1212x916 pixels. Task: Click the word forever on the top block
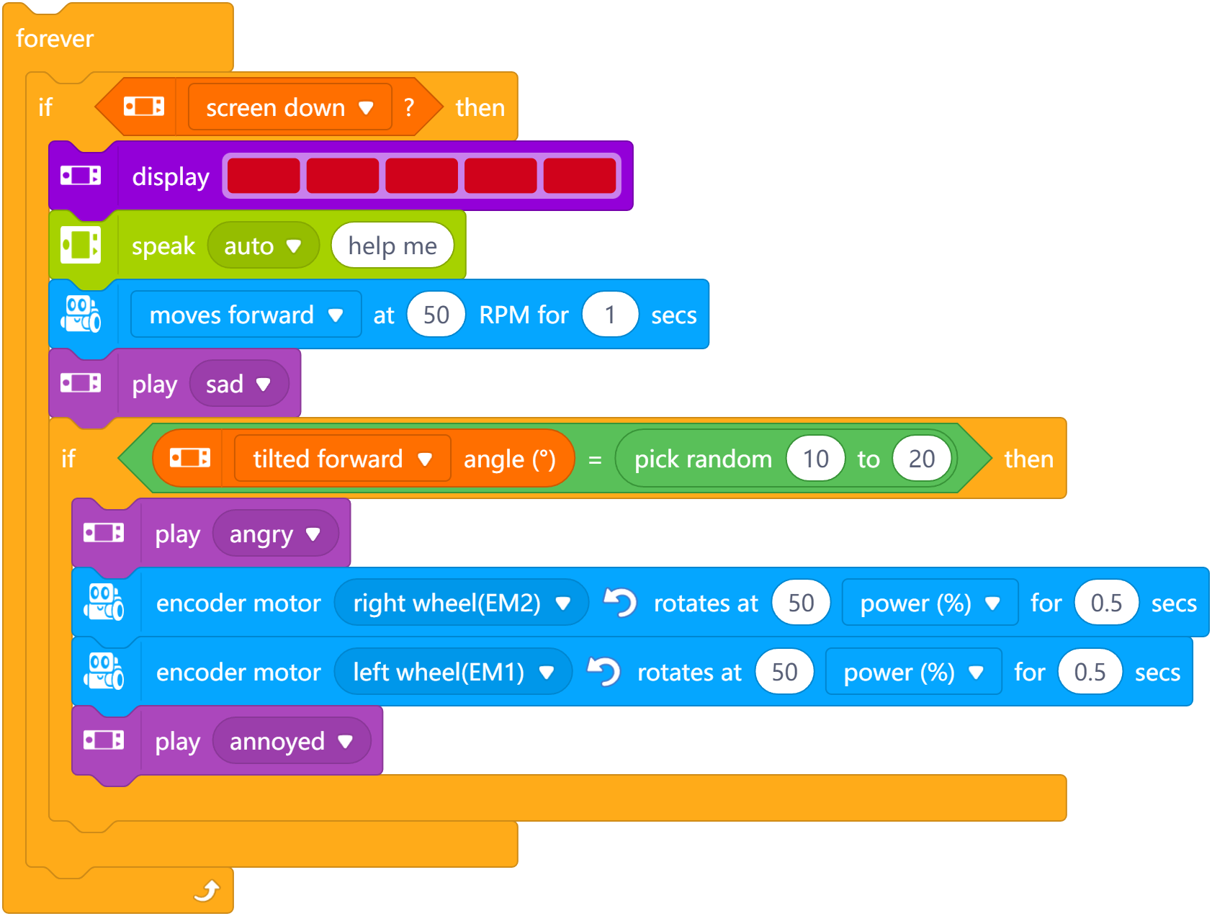55,38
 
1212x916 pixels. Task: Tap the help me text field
392,246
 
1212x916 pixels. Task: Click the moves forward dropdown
246,315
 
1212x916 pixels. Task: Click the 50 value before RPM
436,315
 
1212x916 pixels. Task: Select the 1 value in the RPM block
610,315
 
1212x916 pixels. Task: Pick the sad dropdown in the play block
238,384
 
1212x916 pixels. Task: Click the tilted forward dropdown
342,459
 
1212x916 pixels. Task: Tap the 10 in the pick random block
815,459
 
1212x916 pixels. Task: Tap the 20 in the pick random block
921,459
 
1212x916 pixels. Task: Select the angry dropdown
274,534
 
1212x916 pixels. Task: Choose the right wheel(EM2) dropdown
461,603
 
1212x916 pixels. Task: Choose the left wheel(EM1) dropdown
453,672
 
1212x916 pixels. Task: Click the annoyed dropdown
291,741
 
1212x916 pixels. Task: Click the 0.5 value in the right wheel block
1106,603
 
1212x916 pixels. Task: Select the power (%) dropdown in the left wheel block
913,672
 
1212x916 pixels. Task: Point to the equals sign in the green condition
595,459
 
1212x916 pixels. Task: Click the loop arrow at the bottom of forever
207,892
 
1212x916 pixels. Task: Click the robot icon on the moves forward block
81,314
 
